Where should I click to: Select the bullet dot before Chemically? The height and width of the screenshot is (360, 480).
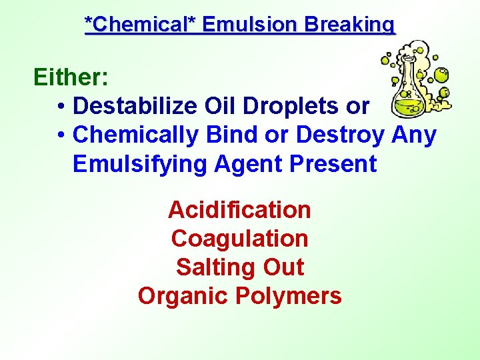click(x=61, y=135)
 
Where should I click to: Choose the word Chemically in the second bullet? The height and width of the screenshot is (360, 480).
click(x=135, y=135)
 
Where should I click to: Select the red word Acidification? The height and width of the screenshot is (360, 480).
click(x=239, y=210)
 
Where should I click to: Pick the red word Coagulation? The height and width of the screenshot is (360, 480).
click(x=239, y=239)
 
